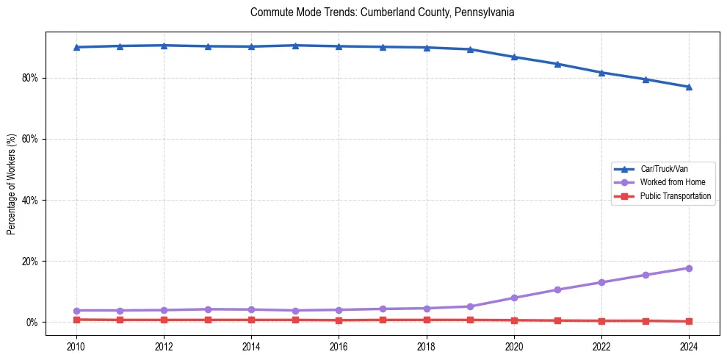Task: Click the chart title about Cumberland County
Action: pos(382,12)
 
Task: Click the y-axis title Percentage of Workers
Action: pos(11,184)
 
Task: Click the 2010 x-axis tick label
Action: pos(76,346)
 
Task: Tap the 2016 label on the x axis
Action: pos(339,346)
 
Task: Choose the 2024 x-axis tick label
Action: pos(689,346)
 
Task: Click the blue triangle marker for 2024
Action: pos(689,87)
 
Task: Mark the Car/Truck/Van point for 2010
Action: pos(76,47)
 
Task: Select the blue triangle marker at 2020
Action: pos(514,57)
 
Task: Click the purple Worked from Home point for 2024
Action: pos(689,268)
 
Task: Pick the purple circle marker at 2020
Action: pos(514,298)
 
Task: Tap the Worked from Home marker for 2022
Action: pos(601,282)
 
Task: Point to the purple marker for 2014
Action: pos(251,309)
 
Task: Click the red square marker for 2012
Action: pos(164,320)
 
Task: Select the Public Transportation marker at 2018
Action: pos(427,320)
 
